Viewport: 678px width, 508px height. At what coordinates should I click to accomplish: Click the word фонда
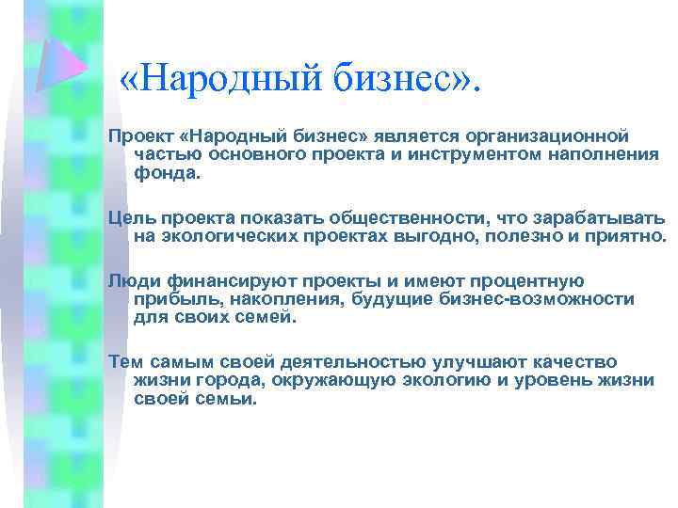point(168,172)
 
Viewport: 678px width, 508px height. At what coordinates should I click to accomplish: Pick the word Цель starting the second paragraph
point(127,216)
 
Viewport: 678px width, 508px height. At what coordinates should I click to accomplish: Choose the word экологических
point(217,234)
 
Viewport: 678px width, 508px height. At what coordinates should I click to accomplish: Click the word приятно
point(630,234)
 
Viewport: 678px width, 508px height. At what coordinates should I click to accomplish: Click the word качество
point(575,362)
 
